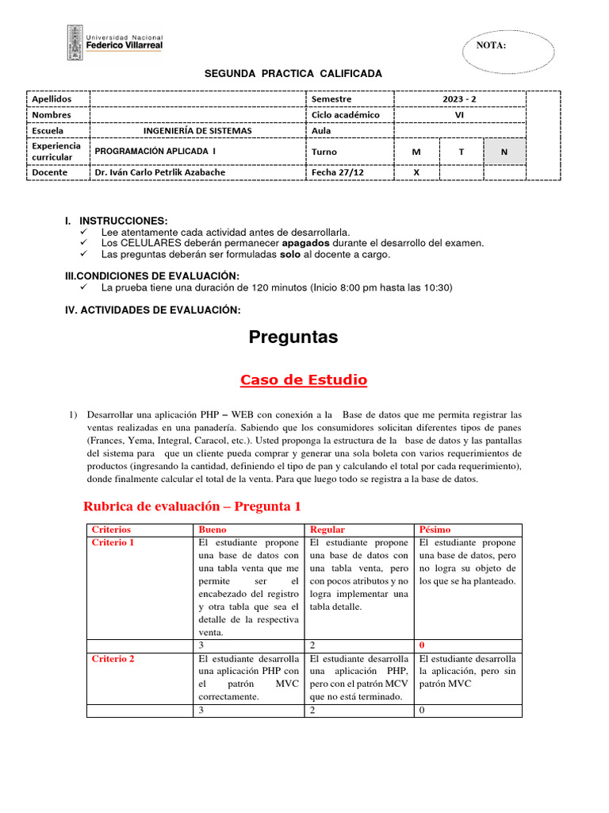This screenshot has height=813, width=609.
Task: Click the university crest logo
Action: tap(73, 42)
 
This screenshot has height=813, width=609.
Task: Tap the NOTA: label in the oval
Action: tap(491, 45)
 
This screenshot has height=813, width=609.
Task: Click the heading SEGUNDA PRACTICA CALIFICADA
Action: tap(293, 74)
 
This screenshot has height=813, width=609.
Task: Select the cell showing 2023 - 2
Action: tap(460, 99)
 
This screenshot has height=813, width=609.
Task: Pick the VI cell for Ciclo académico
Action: tap(460, 114)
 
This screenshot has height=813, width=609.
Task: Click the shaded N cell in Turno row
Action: tap(504, 151)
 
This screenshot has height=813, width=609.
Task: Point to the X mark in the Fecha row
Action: tap(416, 171)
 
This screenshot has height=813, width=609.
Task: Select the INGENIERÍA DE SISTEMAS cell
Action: tap(197, 130)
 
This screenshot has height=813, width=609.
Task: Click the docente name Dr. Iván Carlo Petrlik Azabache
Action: tap(159, 171)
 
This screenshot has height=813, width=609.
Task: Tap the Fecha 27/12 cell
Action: tap(338, 171)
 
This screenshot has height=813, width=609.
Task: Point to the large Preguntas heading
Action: tap(293, 337)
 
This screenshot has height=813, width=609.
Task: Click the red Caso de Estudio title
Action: tap(304, 380)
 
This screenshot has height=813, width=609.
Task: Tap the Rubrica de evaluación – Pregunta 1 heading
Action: tap(192, 506)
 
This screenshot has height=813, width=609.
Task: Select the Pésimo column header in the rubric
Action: tap(434, 530)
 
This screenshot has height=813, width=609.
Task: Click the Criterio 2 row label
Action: tap(113, 659)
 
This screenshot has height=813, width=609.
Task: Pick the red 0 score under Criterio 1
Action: tap(422, 645)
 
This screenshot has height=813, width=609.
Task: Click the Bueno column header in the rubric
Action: tap(212, 530)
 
